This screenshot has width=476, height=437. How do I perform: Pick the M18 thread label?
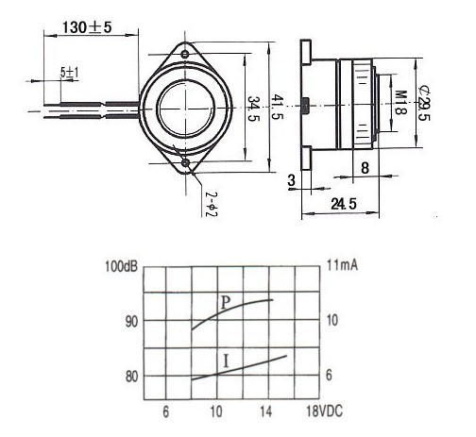(x=399, y=102)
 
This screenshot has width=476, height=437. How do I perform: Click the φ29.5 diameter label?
(x=425, y=102)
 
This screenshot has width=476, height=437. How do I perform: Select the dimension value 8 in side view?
(x=365, y=170)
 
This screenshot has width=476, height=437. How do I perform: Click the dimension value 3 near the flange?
(x=292, y=178)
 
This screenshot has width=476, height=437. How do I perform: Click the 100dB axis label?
(x=122, y=266)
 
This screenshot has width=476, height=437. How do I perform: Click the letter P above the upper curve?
(x=225, y=304)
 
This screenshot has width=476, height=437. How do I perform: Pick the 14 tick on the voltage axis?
(x=266, y=412)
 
